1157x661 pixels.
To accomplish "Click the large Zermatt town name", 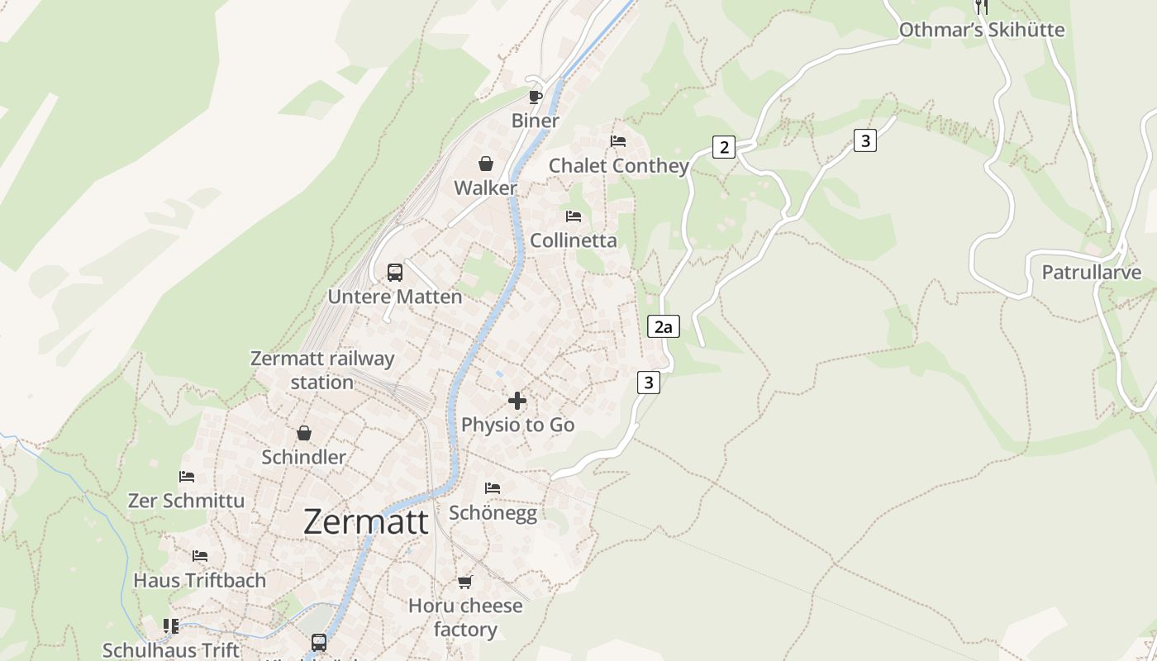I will click(366, 522).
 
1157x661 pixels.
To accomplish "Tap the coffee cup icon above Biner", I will click(536, 97).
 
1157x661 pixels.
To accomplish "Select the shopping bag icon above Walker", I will click(486, 164).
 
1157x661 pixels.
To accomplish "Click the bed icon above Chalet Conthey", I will click(618, 141).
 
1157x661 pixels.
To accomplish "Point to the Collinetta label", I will click(574, 240).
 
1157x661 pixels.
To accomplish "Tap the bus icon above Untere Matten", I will click(395, 272).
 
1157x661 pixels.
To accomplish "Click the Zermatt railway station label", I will click(322, 370).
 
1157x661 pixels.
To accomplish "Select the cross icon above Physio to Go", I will click(517, 401).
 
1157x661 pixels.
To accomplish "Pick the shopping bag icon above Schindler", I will click(304, 433).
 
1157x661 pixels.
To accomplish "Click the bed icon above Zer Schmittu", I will click(187, 477).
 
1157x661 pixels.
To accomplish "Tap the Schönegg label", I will click(493, 513).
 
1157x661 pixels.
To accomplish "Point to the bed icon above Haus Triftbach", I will click(200, 556).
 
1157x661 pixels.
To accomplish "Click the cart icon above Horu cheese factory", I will click(465, 582).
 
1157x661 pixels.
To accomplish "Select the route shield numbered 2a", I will click(663, 326).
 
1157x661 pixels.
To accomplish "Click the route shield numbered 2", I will click(724, 148).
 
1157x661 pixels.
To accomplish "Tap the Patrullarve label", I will click(1091, 273).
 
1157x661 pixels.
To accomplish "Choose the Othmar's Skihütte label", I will click(982, 31).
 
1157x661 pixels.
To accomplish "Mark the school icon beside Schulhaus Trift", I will click(171, 625).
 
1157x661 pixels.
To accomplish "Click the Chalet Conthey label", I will click(619, 166).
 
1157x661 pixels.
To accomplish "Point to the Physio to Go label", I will click(517, 425).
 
